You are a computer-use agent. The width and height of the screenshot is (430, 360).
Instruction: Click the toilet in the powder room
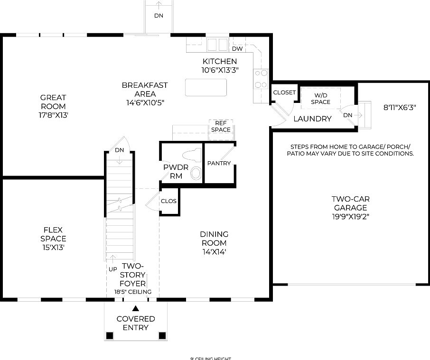pyautogui.click(x=192, y=155)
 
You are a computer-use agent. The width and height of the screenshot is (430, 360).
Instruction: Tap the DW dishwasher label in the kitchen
pyautogui.click(x=237, y=49)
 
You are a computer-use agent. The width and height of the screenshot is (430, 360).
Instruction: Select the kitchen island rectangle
pyautogui.click(x=206, y=88)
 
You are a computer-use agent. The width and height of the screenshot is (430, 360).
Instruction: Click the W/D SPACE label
pyautogui.click(x=321, y=99)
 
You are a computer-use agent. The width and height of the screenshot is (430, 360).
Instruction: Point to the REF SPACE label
pyautogui.click(x=221, y=126)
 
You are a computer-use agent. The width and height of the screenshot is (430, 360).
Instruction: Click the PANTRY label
pyautogui.click(x=219, y=163)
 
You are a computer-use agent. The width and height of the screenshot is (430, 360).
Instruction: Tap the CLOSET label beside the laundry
pyautogui.click(x=284, y=92)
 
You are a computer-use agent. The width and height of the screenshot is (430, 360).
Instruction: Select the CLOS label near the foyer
pyautogui.click(x=168, y=201)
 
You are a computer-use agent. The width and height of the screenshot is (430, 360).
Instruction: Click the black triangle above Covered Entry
pyautogui.click(x=136, y=308)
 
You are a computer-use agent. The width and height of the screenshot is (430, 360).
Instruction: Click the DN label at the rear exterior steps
pyautogui.click(x=159, y=16)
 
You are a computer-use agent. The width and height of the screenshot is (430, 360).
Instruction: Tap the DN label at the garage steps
pyautogui.click(x=348, y=115)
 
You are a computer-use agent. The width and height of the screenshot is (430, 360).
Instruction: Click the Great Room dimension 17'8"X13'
pyautogui.click(x=53, y=115)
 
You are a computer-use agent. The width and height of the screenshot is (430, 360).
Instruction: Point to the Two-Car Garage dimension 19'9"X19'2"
pyautogui.click(x=350, y=217)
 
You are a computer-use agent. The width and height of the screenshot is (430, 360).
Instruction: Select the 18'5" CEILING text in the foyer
pyautogui.click(x=132, y=292)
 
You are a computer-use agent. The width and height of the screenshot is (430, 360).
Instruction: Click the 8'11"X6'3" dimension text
pyautogui.click(x=400, y=108)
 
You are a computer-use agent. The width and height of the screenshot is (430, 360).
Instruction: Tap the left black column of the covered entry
pyautogui.click(x=110, y=336)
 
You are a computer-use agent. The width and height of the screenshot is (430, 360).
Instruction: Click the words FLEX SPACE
pyautogui.click(x=53, y=234)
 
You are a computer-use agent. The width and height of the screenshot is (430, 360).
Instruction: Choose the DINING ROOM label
pyautogui.click(x=214, y=239)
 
